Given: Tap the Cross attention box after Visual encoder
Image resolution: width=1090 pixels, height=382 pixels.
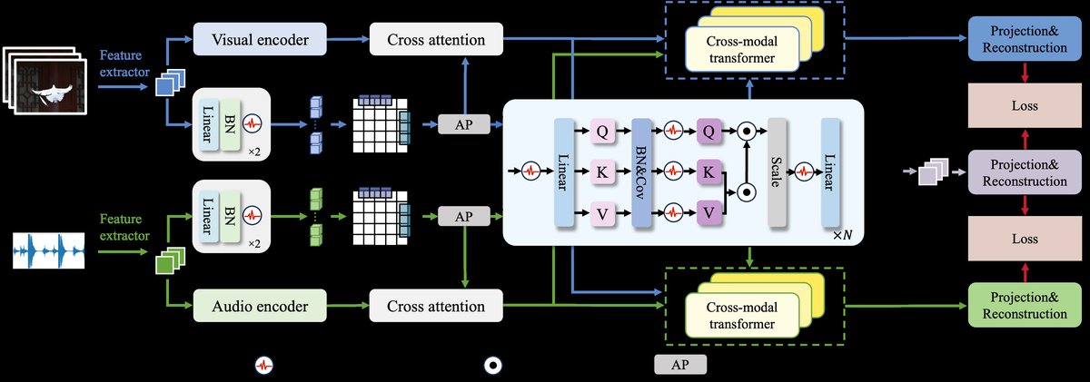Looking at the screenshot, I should tap(434, 40).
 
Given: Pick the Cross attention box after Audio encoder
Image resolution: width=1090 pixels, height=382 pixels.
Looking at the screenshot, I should tap(434, 306).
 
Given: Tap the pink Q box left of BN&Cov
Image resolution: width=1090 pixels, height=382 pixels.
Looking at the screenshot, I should tap(602, 131).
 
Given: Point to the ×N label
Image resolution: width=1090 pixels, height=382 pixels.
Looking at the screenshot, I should tap(843, 235).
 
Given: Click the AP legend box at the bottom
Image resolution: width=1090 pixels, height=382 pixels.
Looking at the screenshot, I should tap(679, 365).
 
